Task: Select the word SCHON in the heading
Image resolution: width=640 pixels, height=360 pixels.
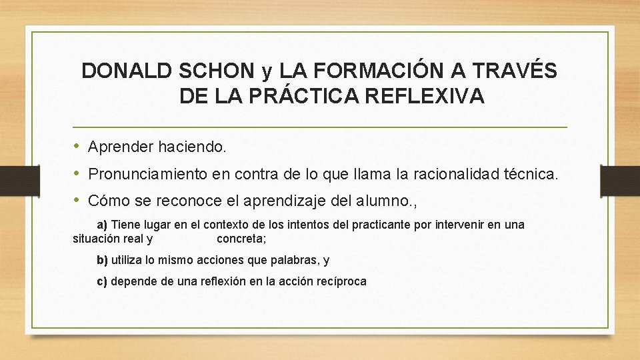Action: (217, 70)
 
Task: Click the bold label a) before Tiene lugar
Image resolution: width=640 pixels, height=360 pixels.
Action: (103, 225)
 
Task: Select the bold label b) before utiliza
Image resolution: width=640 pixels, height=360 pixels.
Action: (103, 260)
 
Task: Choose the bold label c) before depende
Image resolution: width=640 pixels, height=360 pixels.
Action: (103, 281)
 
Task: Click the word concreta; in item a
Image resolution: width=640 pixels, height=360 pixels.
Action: (241, 238)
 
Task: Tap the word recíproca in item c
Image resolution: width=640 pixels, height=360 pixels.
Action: (341, 281)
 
